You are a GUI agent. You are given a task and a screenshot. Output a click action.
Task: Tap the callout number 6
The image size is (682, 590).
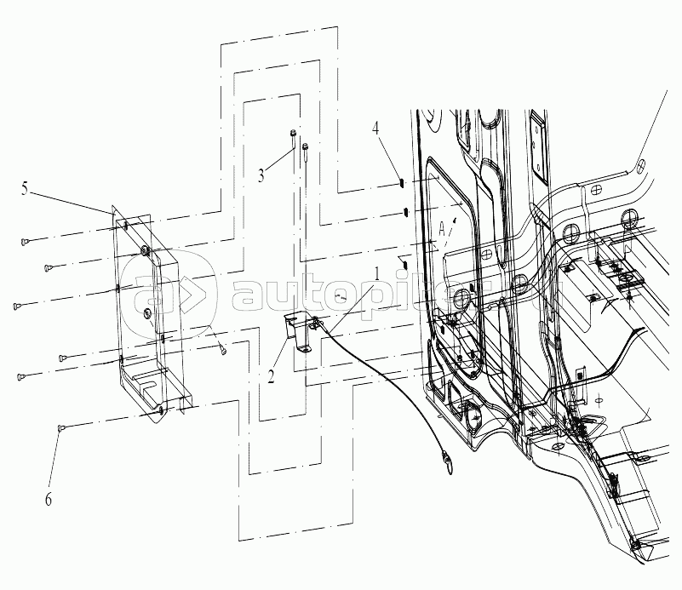[x=48, y=501]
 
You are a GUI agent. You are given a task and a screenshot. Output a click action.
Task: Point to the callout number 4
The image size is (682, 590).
[x=375, y=129]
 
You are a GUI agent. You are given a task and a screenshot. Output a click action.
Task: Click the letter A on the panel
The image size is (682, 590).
[x=444, y=229]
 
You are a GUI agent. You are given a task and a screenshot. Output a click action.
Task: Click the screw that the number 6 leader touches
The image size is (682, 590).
[x=62, y=427]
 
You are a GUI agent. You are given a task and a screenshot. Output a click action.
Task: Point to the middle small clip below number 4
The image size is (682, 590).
[x=405, y=211]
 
